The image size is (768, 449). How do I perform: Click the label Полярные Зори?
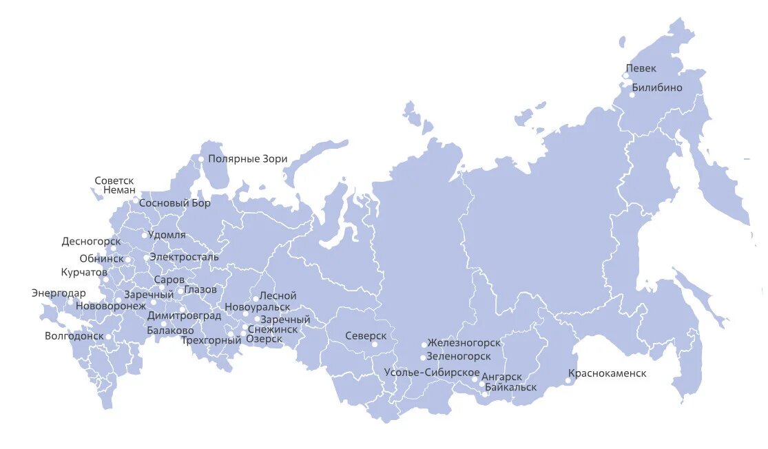point(247,159)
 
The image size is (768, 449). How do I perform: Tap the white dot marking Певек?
point(626,76)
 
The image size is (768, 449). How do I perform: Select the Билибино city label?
point(656,87)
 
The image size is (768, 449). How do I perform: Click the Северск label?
point(366,335)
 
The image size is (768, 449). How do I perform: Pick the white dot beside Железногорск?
point(424,344)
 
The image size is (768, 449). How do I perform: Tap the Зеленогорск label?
point(459,357)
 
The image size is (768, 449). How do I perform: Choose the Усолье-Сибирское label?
point(432,373)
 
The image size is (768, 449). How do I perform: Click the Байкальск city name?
point(510,387)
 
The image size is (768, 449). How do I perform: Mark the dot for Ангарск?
point(475,379)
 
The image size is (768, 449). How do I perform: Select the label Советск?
point(114,180)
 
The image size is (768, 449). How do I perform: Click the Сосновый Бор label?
point(175,203)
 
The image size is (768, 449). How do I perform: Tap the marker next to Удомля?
point(145,236)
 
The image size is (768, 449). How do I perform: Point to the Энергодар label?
point(59,293)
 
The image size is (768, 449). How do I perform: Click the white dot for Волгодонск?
point(108,337)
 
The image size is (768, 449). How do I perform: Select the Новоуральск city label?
point(258,307)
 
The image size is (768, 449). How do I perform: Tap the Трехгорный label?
point(211,340)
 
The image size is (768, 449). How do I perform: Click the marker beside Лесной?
point(256,299)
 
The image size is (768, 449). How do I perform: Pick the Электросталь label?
point(184,257)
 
